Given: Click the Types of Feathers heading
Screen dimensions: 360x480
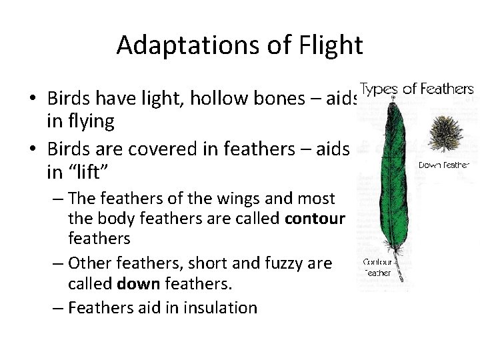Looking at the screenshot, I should [x=417, y=89].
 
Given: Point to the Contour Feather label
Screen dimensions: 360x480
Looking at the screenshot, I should [x=378, y=267].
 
